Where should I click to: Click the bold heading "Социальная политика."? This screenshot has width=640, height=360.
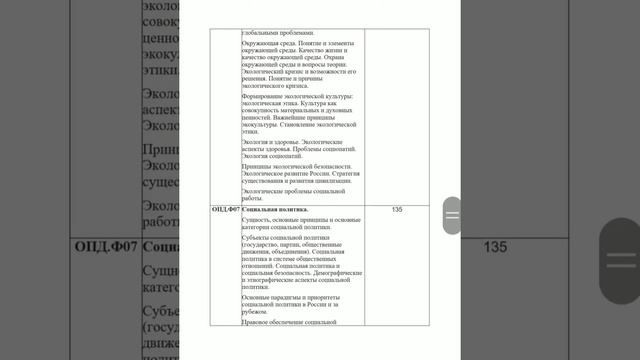(275, 209)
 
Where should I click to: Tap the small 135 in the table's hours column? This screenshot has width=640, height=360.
(397, 209)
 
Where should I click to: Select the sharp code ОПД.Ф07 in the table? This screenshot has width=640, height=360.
(226, 209)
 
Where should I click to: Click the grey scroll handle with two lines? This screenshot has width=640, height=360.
(452, 215)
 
